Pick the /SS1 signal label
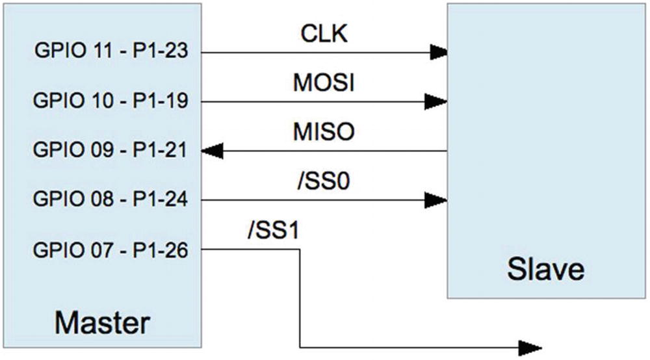[x=273, y=231]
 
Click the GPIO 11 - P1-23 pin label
[x=110, y=51]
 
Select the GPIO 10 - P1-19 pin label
[x=110, y=101]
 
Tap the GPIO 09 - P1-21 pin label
[x=110, y=151]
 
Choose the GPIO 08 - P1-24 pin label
[x=110, y=200]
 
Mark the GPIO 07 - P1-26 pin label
[x=110, y=250]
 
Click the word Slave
[x=545, y=270]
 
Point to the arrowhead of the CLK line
[x=437, y=51]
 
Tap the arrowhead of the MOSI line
[x=437, y=101]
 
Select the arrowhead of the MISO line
[x=212, y=151]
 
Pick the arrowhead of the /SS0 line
[x=437, y=200]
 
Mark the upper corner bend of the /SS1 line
[x=300, y=250]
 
